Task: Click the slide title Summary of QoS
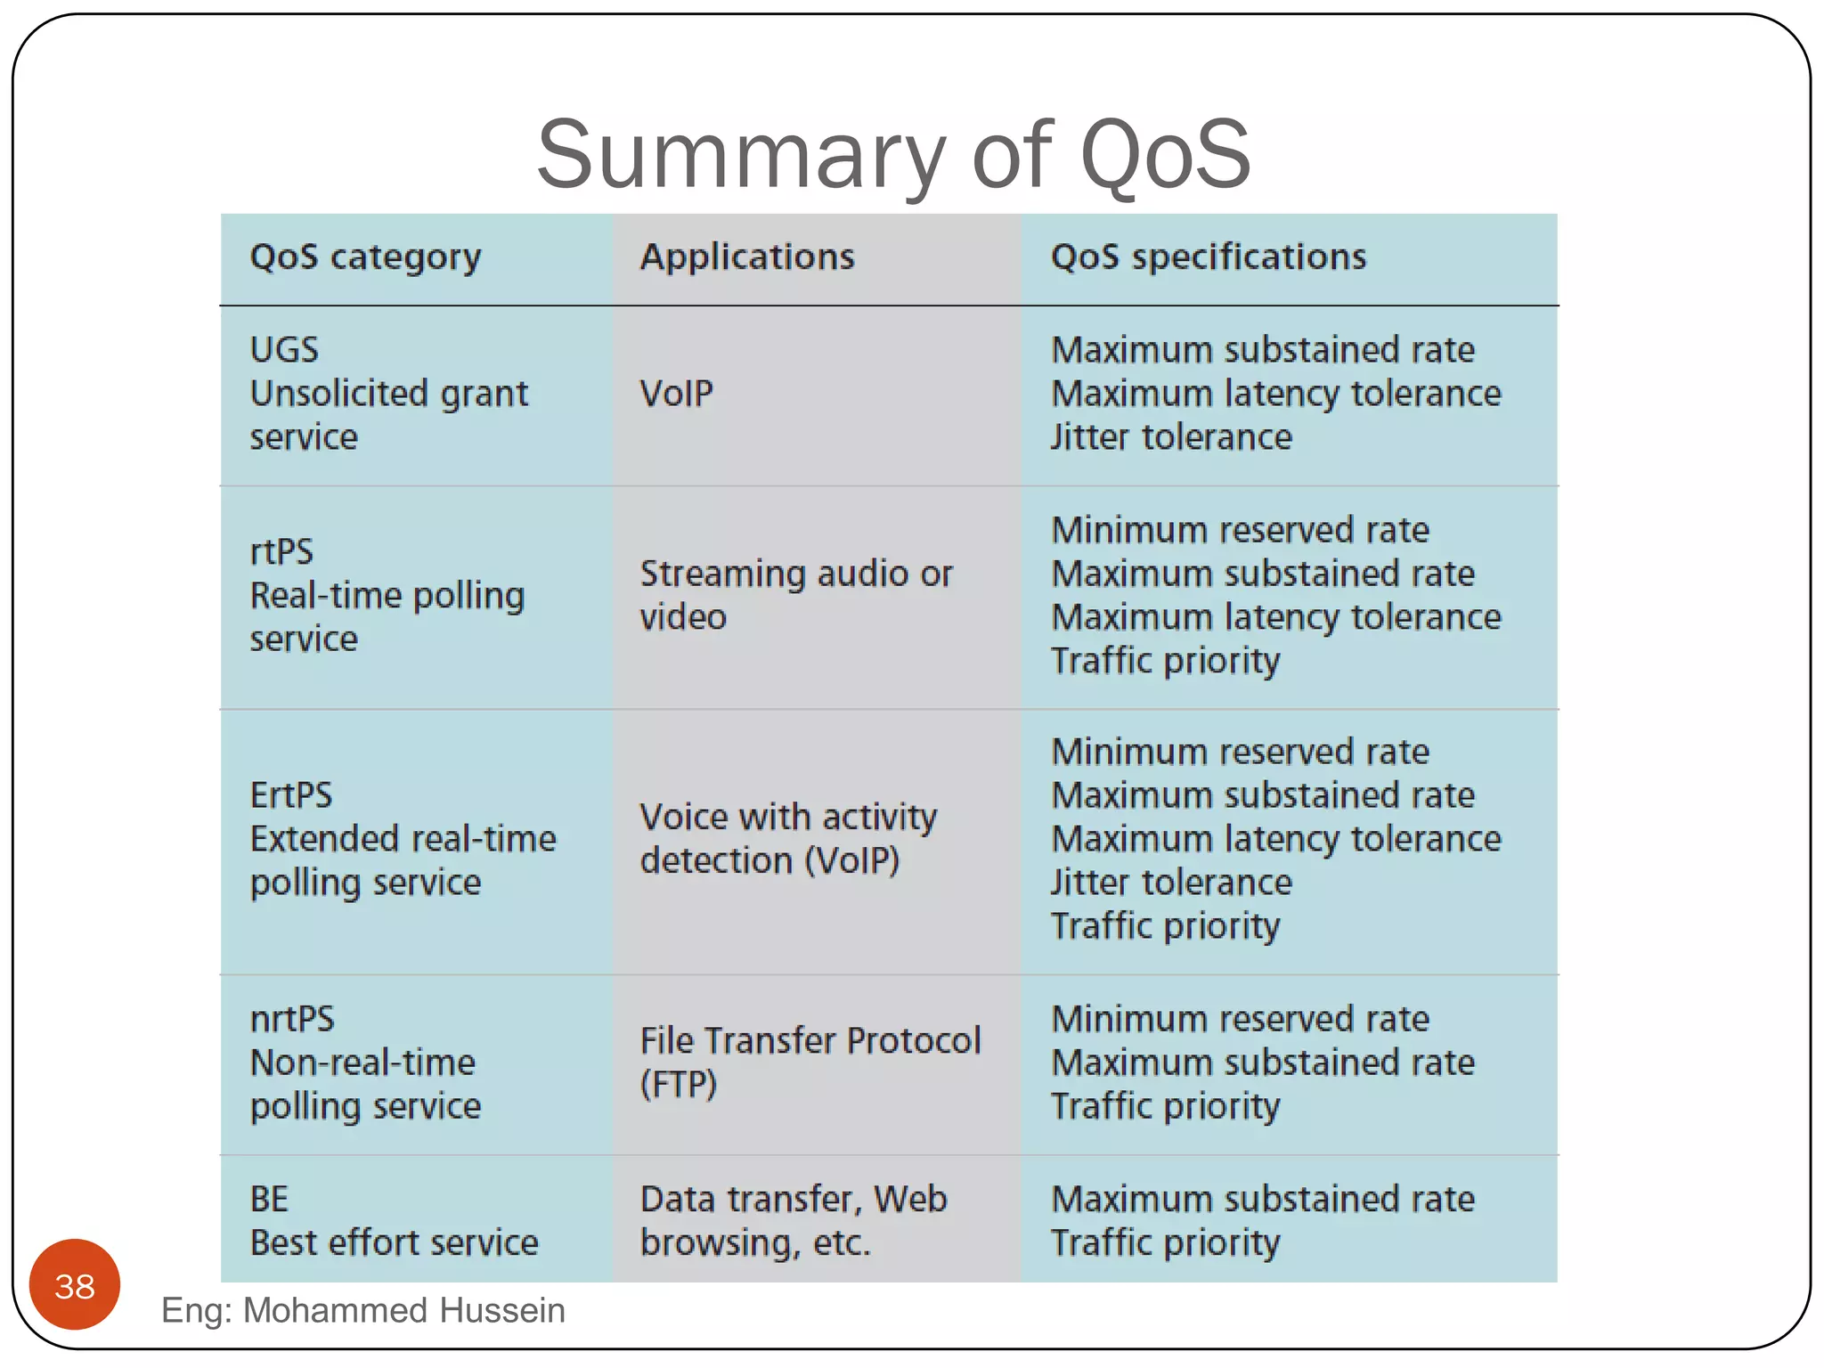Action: pos(893,155)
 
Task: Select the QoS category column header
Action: pos(365,257)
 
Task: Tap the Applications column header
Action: pos(747,257)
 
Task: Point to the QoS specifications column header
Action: pos(1208,257)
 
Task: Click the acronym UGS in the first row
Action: pos(284,350)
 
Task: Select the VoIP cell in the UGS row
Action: pos(677,394)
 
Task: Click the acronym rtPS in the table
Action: pos(281,552)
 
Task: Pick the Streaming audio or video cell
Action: pos(795,595)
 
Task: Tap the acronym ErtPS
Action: pos(291,795)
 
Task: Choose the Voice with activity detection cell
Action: pos(788,838)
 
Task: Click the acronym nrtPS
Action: pos(292,1019)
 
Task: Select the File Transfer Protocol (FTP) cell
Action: pos(810,1062)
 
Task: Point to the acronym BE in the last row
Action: pos(269,1200)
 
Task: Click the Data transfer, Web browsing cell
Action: pos(793,1221)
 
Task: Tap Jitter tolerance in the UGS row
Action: pos(1170,437)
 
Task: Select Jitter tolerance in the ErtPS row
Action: pos(1170,883)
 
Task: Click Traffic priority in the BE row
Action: pos(1165,1243)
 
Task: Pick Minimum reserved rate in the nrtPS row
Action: pos(1240,1019)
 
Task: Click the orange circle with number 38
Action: pos(75,1285)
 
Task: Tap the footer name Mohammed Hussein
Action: pos(403,1311)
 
